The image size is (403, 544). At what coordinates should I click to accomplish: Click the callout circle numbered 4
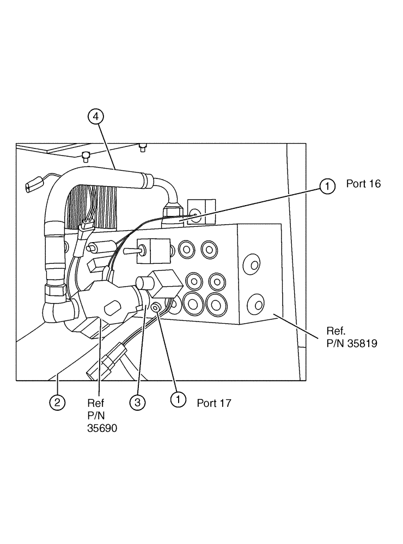point(95,116)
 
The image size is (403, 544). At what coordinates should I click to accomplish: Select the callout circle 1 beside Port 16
point(327,187)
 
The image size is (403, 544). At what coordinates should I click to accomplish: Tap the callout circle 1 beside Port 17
point(176,399)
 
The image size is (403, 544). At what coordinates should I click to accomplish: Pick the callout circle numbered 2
point(58,403)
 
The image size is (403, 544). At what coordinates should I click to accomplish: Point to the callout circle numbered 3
point(137,403)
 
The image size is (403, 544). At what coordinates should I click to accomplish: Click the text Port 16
point(363,184)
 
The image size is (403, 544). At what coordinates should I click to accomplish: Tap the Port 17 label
point(214,403)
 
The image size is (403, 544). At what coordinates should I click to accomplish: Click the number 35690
point(102,428)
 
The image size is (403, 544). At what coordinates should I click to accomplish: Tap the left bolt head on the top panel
point(86,157)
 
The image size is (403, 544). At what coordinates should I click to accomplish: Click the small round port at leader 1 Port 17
point(156,308)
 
